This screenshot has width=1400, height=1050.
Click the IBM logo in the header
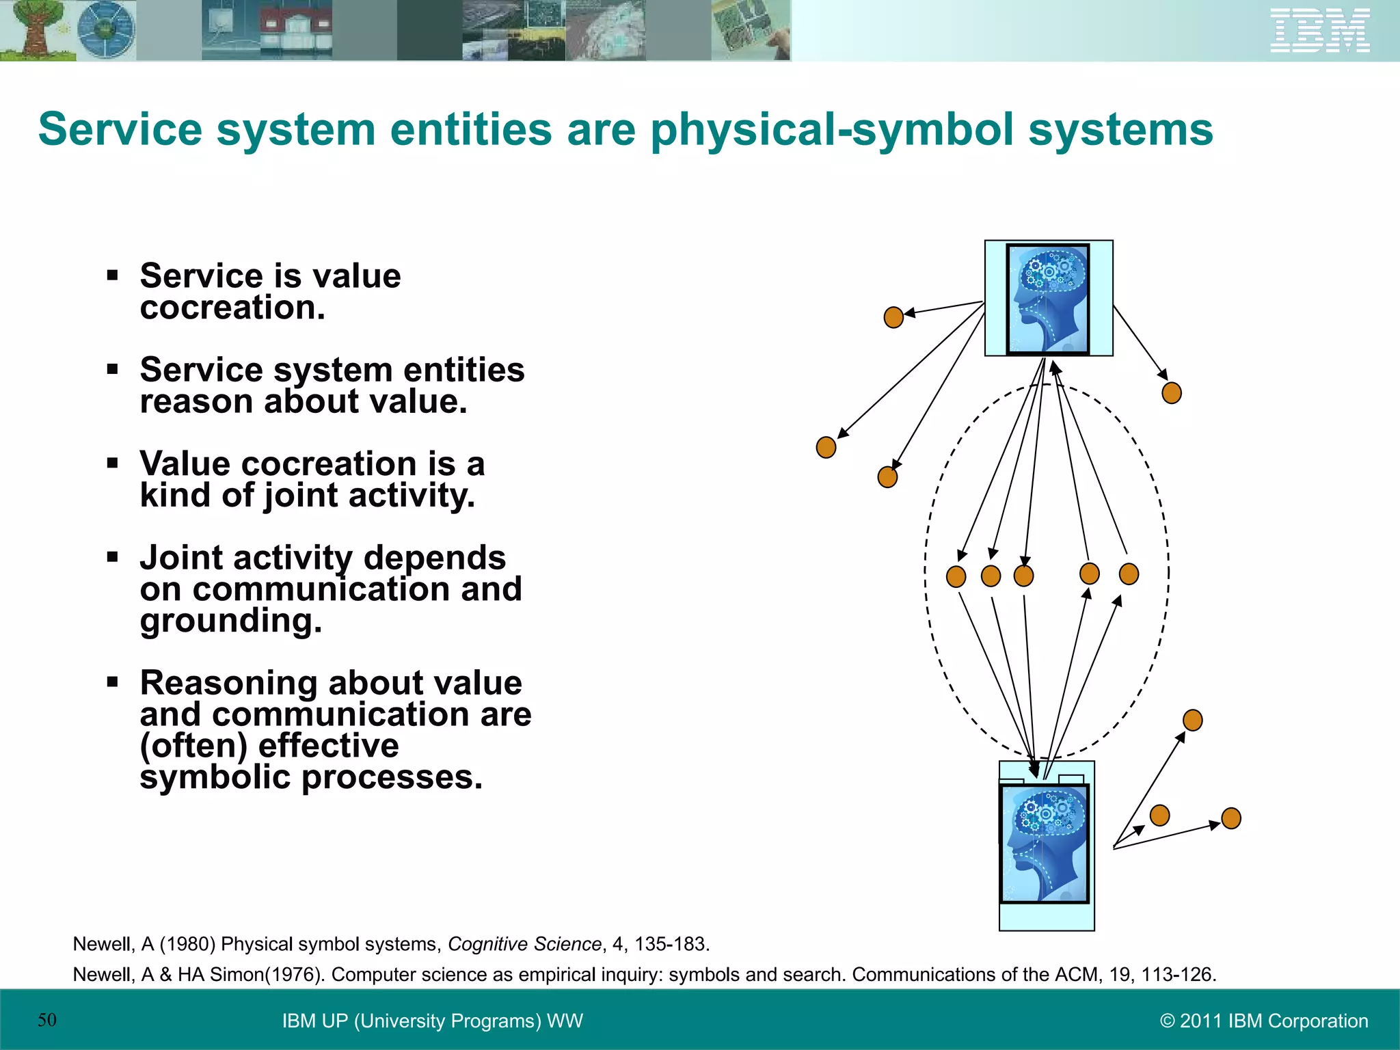(1319, 30)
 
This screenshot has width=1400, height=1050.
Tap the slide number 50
(46, 1020)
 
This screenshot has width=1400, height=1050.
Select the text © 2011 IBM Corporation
(1264, 1021)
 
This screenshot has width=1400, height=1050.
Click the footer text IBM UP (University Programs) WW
(432, 1021)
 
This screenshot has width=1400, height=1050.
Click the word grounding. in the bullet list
(230, 621)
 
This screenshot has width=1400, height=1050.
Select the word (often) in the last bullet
(192, 746)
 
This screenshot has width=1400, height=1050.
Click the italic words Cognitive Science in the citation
(524, 944)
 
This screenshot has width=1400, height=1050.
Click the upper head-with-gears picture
(1048, 299)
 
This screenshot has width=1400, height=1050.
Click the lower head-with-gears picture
(1045, 844)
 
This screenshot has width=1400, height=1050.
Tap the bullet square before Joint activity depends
(113, 556)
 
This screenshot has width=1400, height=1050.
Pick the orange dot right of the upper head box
(1172, 393)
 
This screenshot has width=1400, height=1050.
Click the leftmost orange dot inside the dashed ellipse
(956, 577)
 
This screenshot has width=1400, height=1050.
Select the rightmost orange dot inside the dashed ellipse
(1129, 574)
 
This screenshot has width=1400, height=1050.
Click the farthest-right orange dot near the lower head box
(1230, 818)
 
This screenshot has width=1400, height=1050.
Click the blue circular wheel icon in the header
(106, 30)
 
